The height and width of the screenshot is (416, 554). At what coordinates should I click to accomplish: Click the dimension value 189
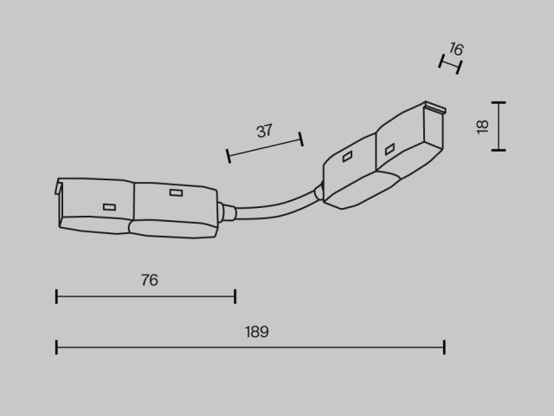[256, 332]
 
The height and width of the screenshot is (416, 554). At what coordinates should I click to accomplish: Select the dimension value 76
[150, 280]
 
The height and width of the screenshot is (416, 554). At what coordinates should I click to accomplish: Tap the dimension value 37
[264, 131]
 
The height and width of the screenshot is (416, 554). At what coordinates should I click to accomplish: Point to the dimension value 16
[456, 49]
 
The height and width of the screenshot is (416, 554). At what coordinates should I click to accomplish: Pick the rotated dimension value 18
[482, 127]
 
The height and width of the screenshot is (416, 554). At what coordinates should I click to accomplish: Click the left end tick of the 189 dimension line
[56, 347]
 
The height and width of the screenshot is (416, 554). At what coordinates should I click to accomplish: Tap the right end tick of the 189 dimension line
[444, 347]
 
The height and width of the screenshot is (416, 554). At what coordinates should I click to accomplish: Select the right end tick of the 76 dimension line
[235, 296]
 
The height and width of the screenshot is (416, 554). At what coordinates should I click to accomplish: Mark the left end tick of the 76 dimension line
[56, 296]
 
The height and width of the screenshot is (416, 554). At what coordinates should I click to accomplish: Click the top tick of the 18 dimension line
[499, 102]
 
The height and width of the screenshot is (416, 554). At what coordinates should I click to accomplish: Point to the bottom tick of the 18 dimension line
[499, 150]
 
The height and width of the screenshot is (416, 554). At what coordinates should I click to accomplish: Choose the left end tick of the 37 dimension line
[229, 156]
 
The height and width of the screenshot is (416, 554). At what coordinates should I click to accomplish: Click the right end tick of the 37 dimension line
[301, 139]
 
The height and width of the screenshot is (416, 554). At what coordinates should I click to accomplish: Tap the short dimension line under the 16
[450, 64]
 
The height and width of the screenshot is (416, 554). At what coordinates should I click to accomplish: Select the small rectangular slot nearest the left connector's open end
[110, 207]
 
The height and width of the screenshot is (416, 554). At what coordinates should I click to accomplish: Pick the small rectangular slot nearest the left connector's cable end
[176, 192]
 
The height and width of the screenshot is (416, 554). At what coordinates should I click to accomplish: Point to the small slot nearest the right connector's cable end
[347, 156]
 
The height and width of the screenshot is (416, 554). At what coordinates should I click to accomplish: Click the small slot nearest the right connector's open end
[390, 149]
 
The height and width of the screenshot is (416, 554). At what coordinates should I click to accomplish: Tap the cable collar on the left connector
[226, 212]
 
